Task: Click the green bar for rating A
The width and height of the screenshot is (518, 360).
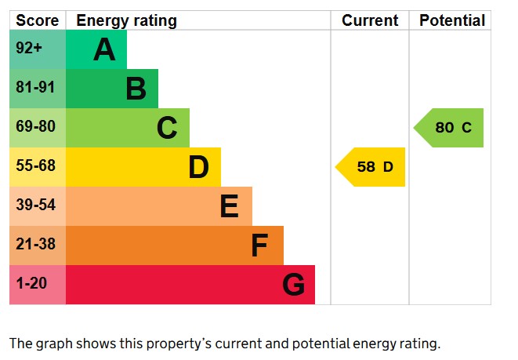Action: pyautogui.click(x=96, y=49)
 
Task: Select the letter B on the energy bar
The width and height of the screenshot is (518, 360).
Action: pyautogui.click(x=136, y=89)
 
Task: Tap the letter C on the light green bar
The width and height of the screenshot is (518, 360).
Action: pyautogui.click(x=167, y=128)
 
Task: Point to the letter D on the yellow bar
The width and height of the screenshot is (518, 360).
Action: pyautogui.click(x=198, y=167)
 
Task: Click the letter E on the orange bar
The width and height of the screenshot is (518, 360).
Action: pyautogui.click(x=229, y=206)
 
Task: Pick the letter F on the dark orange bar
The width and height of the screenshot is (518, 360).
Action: pyautogui.click(x=259, y=245)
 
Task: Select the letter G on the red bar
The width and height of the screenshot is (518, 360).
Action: pyautogui.click(x=293, y=285)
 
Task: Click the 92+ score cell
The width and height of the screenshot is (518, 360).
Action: pyautogui.click(x=29, y=49)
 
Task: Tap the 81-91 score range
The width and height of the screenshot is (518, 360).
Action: pyautogui.click(x=35, y=88)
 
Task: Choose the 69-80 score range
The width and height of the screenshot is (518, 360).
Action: pyautogui.click(x=35, y=127)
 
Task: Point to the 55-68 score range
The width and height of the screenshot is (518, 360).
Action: pyautogui.click(x=35, y=166)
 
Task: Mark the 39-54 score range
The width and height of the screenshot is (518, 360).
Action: pyautogui.click(x=35, y=205)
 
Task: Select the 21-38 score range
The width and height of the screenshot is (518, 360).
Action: pyautogui.click(x=35, y=245)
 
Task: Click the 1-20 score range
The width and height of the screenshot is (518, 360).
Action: pyautogui.click(x=32, y=284)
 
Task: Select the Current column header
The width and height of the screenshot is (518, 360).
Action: pyautogui.click(x=370, y=21)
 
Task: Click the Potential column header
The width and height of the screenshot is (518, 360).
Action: pyautogui.click(x=452, y=21)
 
